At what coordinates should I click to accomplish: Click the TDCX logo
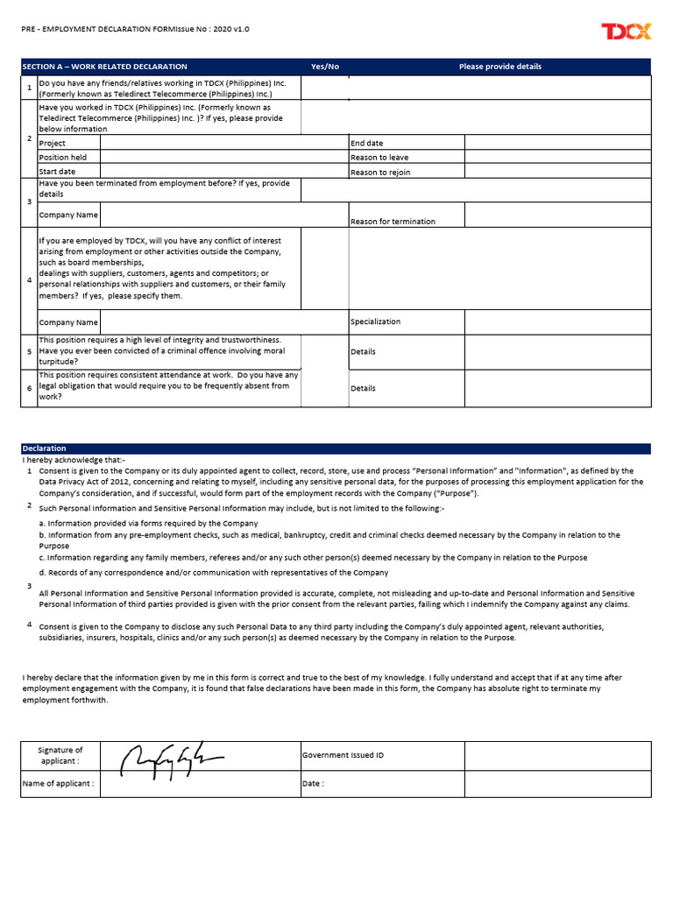(x=626, y=32)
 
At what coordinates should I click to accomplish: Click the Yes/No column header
(x=324, y=67)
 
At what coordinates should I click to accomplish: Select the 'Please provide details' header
(x=499, y=67)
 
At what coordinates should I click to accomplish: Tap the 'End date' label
(x=366, y=143)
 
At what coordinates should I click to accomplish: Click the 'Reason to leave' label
(x=379, y=158)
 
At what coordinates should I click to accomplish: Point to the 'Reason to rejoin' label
(x=379, y=173)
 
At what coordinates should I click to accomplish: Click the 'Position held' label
(x=57, y=158)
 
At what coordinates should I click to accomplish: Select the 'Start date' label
(x=57, y=172)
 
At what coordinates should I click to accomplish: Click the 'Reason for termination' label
(x=393, y=222)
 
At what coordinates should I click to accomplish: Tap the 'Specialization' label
(x=375, y=321)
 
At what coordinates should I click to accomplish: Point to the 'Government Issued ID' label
(x=343, y=754)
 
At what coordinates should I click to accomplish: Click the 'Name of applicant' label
(x=58, y=783)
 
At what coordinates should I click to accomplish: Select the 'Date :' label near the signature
(x=313, y=783)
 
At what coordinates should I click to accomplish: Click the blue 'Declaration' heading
(x=44, y=448)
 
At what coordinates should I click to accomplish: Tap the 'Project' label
(x=53, y=143)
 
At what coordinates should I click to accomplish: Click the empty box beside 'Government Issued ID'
(x=557, y=755)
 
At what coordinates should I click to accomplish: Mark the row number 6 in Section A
(x=29, y=388)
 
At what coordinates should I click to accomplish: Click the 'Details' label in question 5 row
(x=363, y=351)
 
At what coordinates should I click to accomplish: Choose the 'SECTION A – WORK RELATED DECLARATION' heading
(x=104, y=67)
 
